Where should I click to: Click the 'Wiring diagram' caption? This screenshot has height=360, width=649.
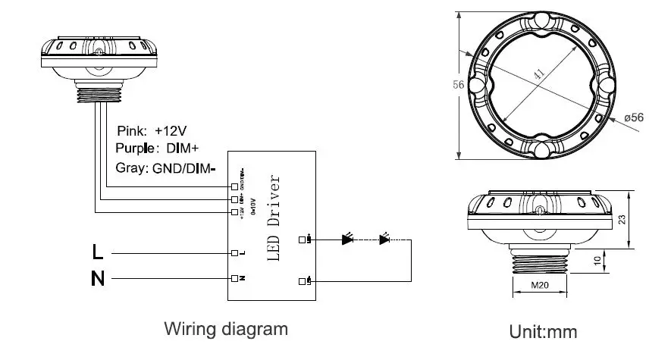(226, 330)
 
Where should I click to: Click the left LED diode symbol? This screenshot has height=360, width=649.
(347, 240)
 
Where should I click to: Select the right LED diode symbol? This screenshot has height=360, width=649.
(384, 240)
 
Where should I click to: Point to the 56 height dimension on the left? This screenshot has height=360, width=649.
(458, 85)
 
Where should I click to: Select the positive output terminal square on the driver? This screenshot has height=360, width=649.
(303, 240)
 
